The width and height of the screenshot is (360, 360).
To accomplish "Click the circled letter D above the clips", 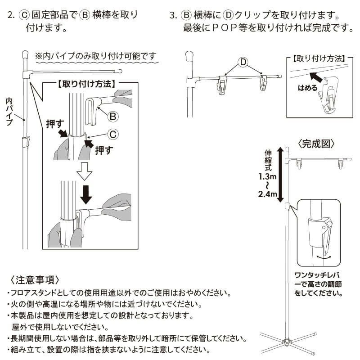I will click(243, 61).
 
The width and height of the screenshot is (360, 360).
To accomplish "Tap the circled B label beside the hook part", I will click(113, 116).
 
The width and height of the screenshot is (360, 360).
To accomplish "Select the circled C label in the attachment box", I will click(113, 134).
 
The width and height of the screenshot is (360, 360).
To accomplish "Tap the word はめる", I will click(307, 87).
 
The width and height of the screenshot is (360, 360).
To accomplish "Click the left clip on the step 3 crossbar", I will click(222, 85).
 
